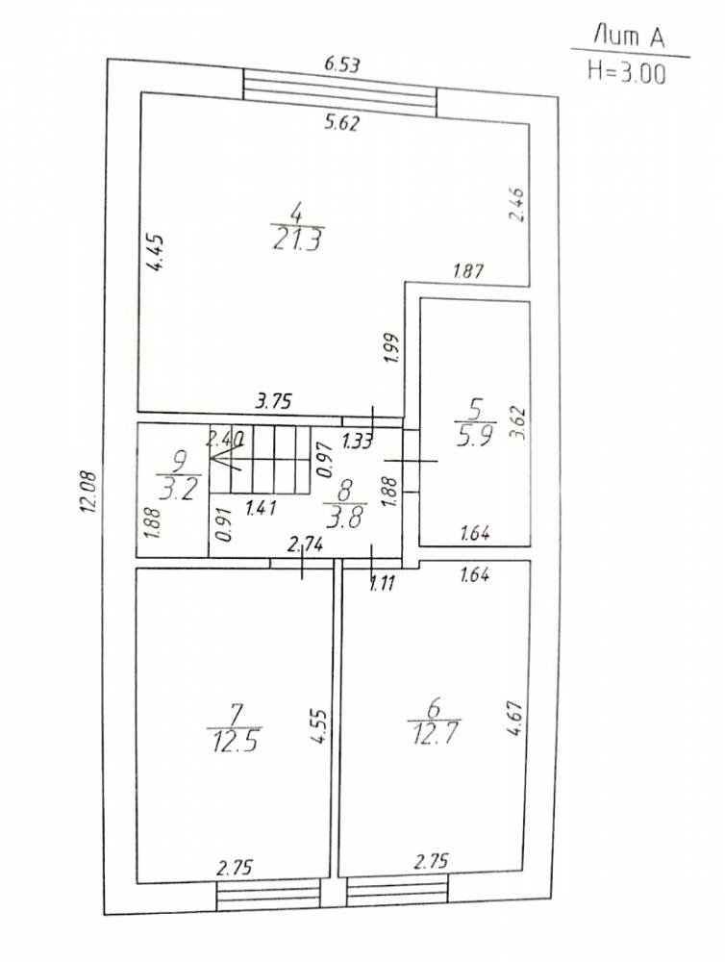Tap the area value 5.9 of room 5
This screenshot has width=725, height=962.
(x=476, y=436)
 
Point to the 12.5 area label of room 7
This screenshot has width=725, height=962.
(x=236, y=742)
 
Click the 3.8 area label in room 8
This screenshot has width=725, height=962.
(x=346, y=518)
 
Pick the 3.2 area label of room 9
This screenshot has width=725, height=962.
(x=179, y=490)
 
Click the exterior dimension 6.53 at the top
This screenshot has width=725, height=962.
(x=341, y=64)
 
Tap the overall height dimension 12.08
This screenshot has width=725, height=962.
(x=88, y=491)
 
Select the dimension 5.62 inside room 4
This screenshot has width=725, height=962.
(x=341, y=123)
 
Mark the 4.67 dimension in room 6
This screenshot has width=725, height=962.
(x=514, y=719)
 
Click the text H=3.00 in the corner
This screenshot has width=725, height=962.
(x=626, y=72)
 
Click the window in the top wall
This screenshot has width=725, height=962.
(x=339, y=92)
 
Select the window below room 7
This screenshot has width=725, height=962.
(x=268, y=896)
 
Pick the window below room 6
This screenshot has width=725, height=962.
(x=397, y=893)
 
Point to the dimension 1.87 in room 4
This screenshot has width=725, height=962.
(x=468, y=270)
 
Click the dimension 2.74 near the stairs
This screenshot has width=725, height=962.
(x=305, y=543)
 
